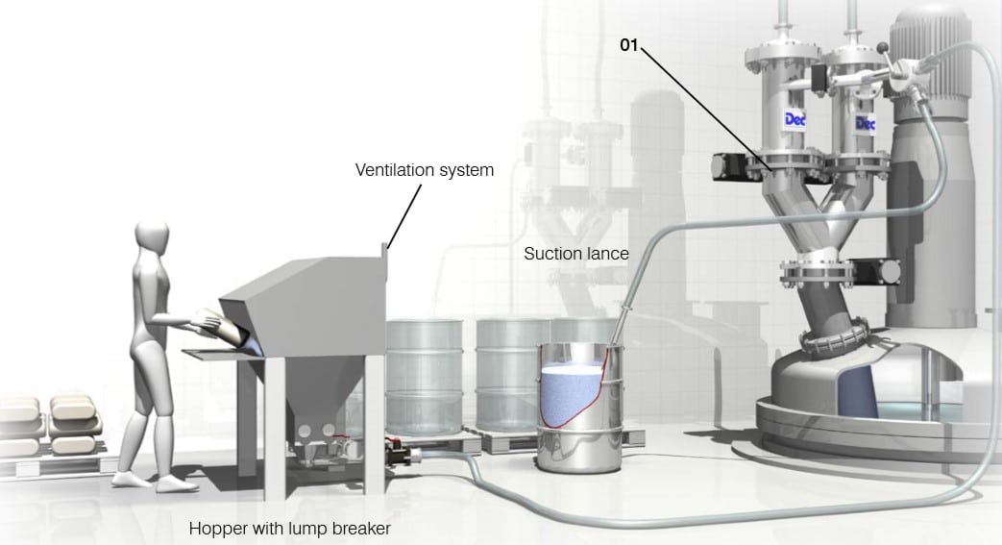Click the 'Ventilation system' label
click(425, 171)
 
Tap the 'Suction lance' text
click(575, 254)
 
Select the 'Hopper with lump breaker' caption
click(290, 528)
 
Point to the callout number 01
click(629, 44)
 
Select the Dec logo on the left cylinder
click(795, 119)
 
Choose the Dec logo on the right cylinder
click(865, 124)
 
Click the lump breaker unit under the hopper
click(317, 447)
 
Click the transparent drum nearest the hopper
click(423, 375)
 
